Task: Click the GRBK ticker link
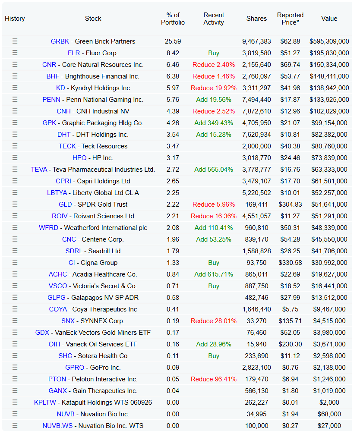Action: (x=60, y=41)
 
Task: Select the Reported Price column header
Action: (x=290, y=19)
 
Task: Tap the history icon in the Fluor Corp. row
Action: (x=15, y=53)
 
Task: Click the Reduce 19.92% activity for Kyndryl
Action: (x=214, y=88)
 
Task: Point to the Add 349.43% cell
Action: (x=214, y=123)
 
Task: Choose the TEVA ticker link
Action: (x=39, y=170)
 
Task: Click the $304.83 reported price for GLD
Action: (x=290, y=204)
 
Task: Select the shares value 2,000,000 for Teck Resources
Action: (x=256, y=146)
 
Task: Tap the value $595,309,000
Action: (x=329, y=41)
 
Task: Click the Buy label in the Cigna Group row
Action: (x=214, y=263)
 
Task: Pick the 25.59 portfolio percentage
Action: (x=173, y=41)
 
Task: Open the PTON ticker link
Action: (x=57, y=379)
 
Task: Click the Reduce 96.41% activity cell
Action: (x=214, y=379)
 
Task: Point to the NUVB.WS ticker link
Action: (x=57, y=426)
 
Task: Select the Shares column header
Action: (x=256, y=19)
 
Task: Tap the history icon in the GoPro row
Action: (x=15, y=367)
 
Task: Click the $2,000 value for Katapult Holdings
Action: (x=329, y=403)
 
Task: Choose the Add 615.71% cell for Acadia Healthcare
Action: (x=214, y=274)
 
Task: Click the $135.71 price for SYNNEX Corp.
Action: (x=290, y=321)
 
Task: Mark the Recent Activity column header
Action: (x=214, y=19)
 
